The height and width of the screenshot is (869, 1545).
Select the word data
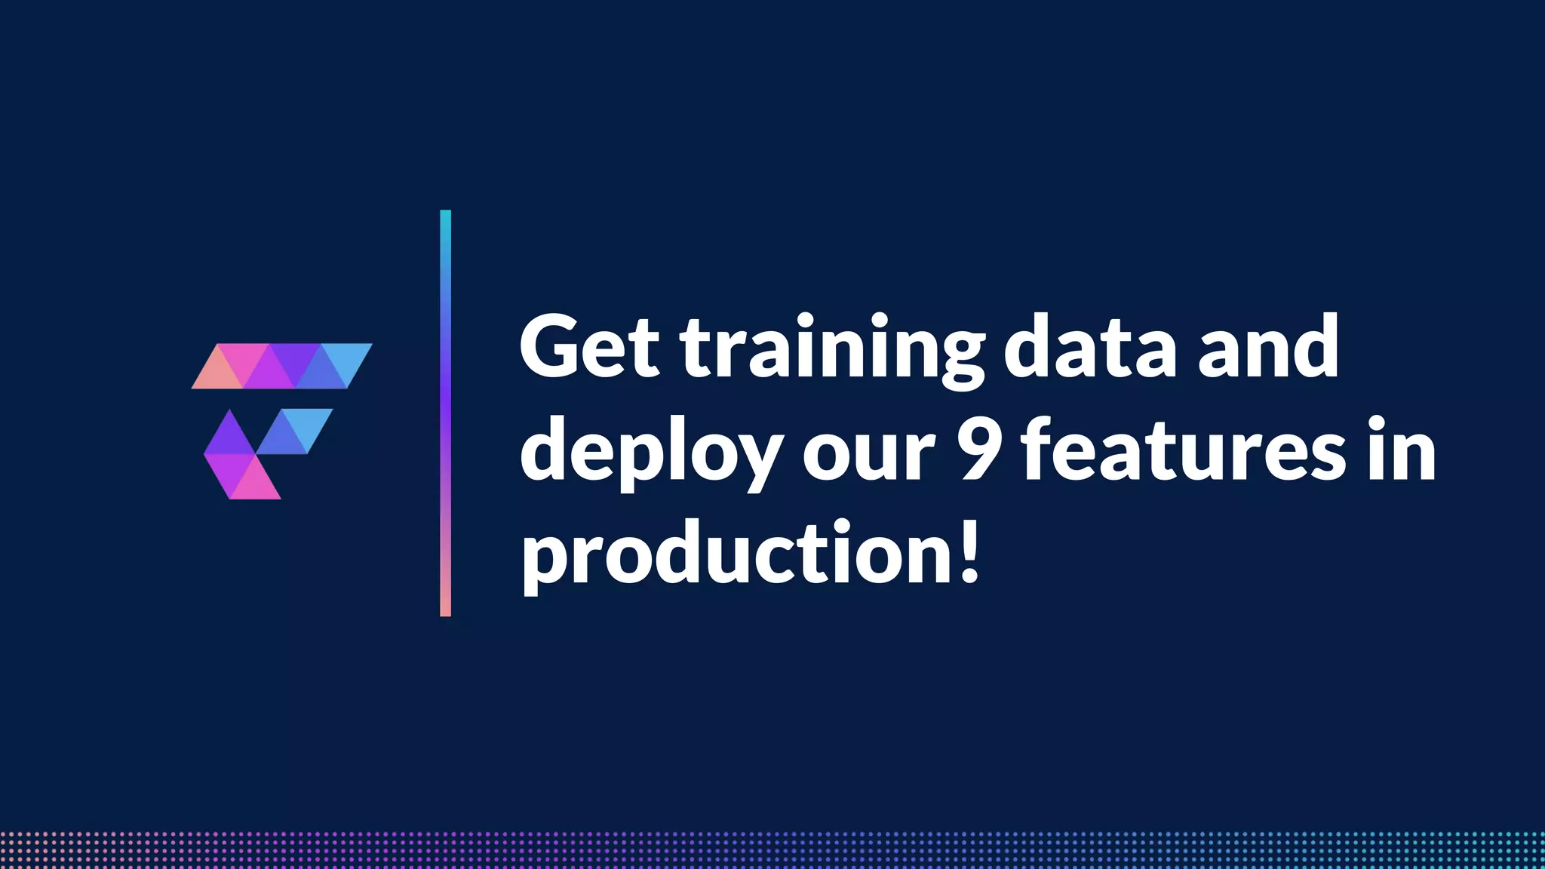click(x=1090, y=347)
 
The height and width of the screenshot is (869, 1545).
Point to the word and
click(x=1269, y=347)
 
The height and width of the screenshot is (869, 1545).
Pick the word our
click(x=868, y=456)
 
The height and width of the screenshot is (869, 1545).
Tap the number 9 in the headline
click(x=978, y=450)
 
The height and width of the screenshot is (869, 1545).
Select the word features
click(x=1184, y=450)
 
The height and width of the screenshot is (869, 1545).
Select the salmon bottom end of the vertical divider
click(x=445, y=608)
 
